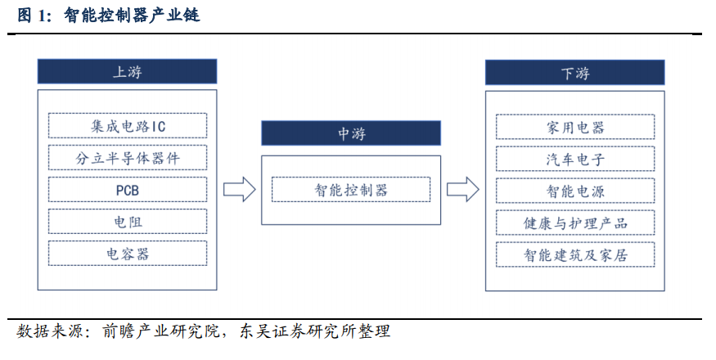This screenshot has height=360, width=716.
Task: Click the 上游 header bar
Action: click(127, 71)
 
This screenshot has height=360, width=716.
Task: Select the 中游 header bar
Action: click(351, 133)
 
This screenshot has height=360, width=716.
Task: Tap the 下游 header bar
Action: click(575, 72)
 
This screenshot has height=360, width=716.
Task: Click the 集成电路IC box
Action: click(128, 126)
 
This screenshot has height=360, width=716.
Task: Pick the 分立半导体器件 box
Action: click(128, 158)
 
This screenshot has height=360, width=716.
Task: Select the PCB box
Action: click(128, 190)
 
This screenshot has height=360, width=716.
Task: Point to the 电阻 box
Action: click(128, 222)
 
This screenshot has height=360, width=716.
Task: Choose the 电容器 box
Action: click(128, 254)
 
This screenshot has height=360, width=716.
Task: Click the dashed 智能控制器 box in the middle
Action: click(351, 190)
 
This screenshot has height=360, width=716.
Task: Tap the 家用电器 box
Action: click(575, 127)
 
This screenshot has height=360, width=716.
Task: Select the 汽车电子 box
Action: click(575, 159)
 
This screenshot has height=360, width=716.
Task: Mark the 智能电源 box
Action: click(575, 191)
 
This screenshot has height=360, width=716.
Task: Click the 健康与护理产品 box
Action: click(575, 223)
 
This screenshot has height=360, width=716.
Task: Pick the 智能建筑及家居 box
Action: click(575, 255)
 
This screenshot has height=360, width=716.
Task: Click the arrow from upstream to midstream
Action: click(239, 189)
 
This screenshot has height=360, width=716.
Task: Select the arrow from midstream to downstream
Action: click(463, 189)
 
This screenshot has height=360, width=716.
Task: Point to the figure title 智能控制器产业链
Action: click(132, 16)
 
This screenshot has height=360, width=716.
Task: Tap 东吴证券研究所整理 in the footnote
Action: click(315, 331)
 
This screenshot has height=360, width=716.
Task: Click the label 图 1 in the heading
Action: click(32, 16)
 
